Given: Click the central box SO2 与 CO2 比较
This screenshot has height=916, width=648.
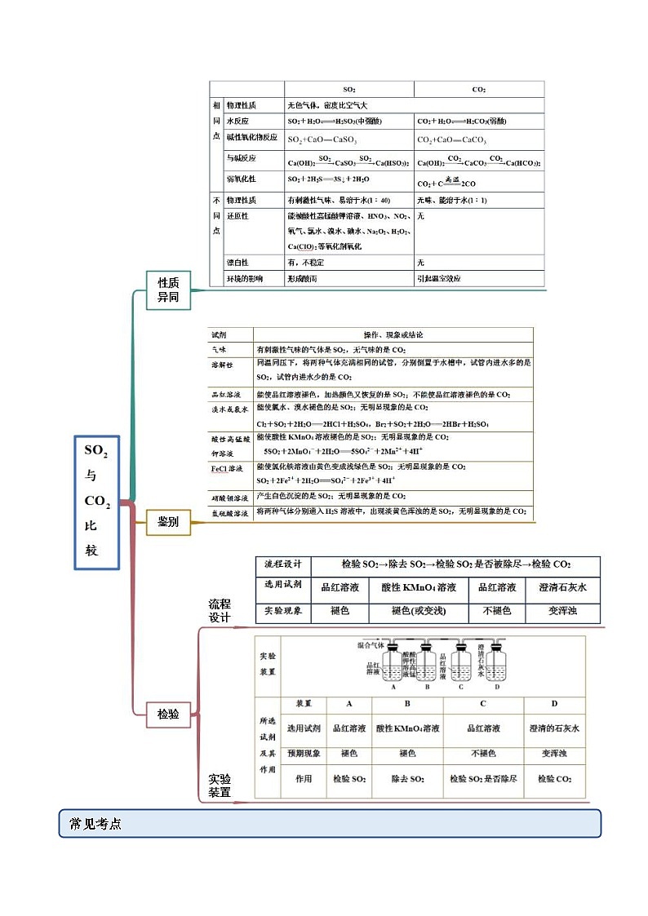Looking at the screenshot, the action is click(97, 501).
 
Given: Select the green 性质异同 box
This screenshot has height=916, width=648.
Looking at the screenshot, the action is click(168, 290).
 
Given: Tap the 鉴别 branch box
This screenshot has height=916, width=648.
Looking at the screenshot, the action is click(168, 521).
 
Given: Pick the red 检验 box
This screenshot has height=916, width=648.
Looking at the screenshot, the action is click(168, 714).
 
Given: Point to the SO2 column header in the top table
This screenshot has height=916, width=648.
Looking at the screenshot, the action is click(348, 89).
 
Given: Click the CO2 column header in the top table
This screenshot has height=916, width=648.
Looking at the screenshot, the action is click(478, 89).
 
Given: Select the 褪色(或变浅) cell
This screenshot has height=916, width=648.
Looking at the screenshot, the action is click(419, 610).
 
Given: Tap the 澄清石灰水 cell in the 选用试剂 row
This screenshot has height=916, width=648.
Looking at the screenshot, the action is click(561, 586).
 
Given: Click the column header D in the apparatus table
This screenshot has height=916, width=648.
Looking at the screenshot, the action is click(554, 703).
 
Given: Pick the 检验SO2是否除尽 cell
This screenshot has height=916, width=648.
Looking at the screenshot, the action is click(483, 779).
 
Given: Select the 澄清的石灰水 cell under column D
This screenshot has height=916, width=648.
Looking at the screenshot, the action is click(554, 728).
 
